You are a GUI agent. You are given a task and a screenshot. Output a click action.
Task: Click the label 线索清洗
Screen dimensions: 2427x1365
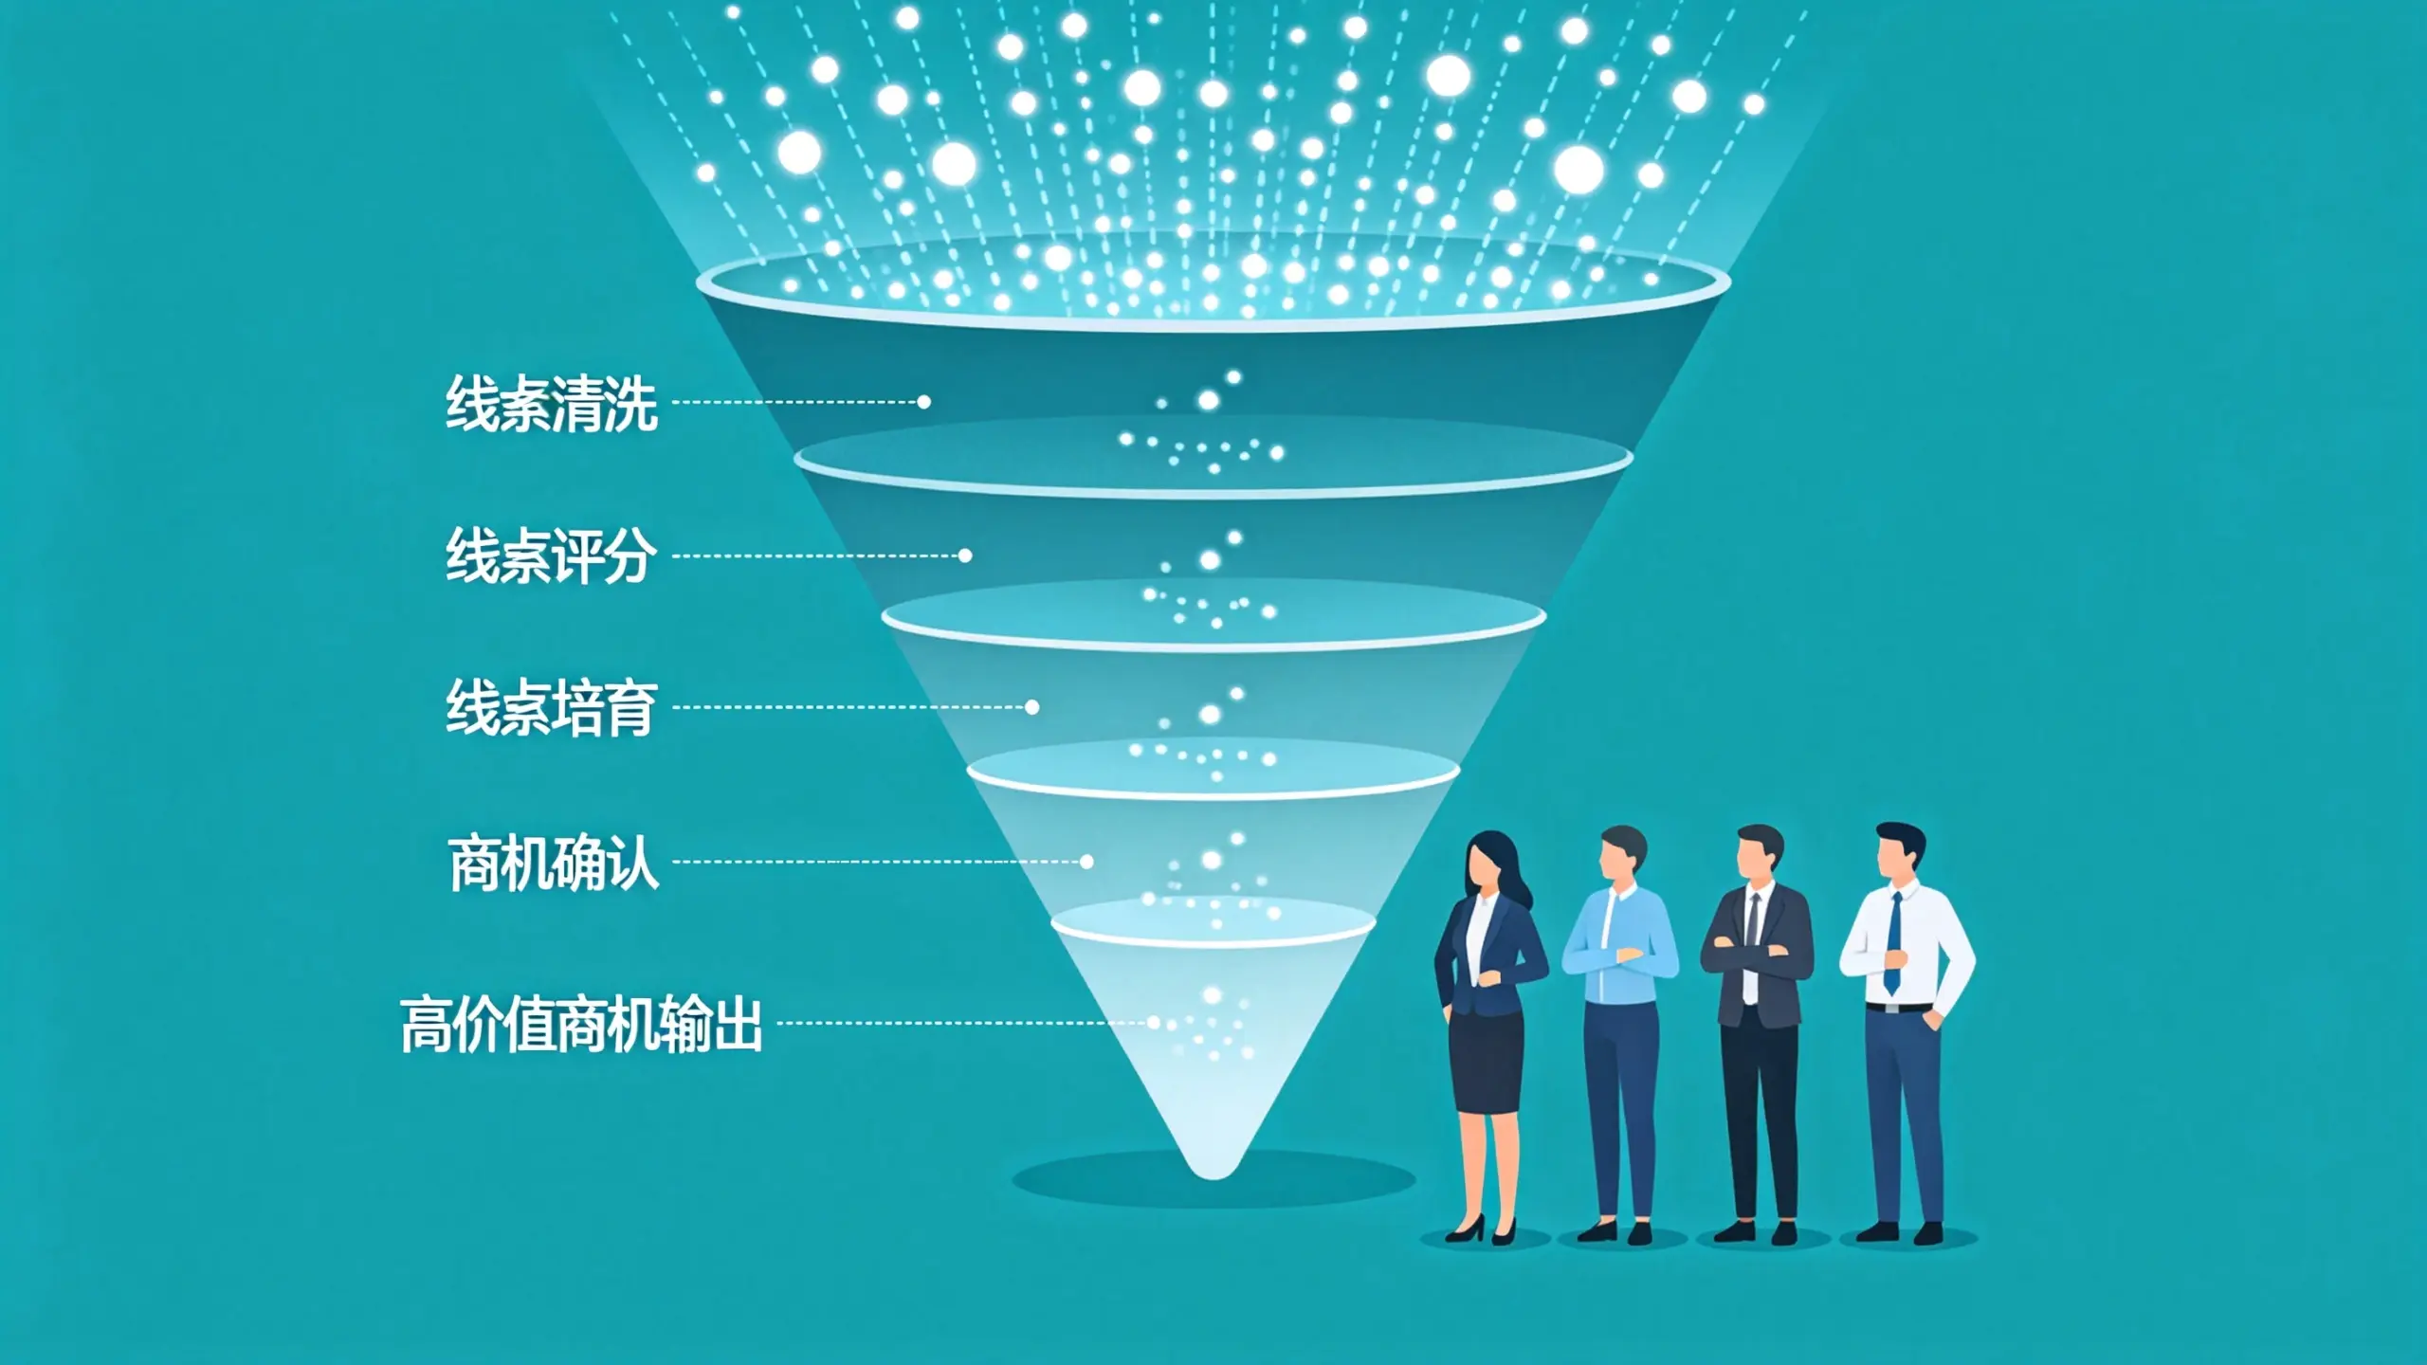pyautogui.click(x=552, y=404)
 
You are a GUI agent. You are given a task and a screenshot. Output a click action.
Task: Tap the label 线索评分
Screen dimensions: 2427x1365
pyautogui.click(x=552, y=555)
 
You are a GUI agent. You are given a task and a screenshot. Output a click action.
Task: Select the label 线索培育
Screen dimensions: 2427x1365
pyautogui.click(x=552, y=707)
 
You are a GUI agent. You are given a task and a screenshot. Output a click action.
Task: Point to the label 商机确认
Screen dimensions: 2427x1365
pyautogui.click(x=554, y=863)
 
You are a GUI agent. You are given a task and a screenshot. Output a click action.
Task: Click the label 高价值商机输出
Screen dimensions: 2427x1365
pyautogui.click(x=581, y=1024)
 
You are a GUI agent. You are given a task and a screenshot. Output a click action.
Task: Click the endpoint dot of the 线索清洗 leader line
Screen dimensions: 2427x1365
pyautogui.click(x=924, y=402)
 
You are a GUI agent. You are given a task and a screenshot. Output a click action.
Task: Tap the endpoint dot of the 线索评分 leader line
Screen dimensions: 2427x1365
pyautogui.click(x=965, y=555)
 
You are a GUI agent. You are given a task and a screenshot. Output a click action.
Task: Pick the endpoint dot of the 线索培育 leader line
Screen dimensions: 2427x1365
pyautogui.click(x=1032, y=707)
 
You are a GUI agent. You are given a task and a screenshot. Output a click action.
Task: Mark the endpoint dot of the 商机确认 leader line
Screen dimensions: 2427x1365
pyautogui.click(x=1087, y=862)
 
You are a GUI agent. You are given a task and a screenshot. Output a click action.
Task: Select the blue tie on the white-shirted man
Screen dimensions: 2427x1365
pyautogui.click(x=1893, y=944)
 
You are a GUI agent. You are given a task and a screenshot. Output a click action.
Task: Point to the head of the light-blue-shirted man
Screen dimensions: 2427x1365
pyautogui.click(x=1622, y=853)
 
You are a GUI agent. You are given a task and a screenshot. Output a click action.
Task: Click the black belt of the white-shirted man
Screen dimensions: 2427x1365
pyautogui.click(x=1899, y=1007)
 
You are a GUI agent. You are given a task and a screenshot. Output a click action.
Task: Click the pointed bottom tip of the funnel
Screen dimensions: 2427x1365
pyautogui.click(x=1213, y=1177)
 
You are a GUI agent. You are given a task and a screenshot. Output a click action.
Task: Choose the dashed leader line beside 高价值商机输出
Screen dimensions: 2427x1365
pyautogui.click(x=961, y=1023)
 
